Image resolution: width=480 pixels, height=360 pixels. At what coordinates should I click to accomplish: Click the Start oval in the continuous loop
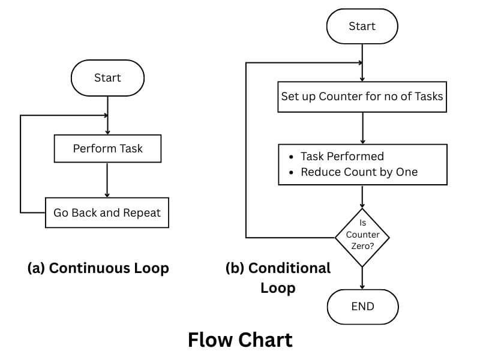click(107, 78)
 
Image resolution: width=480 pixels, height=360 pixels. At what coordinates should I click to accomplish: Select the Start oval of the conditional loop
click(362, 26)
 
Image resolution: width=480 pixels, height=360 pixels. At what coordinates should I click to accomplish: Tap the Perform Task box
click(107, 148)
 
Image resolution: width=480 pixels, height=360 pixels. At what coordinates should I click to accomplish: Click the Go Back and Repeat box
click(107, 212)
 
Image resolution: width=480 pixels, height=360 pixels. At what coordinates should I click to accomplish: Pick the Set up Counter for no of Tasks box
click(362, 96)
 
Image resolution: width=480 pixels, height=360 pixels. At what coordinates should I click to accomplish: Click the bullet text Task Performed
click(342, 157)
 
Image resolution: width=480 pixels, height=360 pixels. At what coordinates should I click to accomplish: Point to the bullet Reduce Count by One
click(359, 172)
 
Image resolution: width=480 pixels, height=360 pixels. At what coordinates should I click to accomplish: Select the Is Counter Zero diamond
click(362, 237)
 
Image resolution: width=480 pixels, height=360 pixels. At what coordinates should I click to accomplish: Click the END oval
click(362, 306)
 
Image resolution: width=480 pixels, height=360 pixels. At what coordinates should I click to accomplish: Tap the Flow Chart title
click(240, 340)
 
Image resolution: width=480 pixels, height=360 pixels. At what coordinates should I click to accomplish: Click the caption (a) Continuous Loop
click(98, 268)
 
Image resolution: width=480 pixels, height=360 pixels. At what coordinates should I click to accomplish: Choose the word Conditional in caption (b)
click(289, 268)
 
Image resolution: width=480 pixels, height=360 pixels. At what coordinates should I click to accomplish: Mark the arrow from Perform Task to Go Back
click(107, 179)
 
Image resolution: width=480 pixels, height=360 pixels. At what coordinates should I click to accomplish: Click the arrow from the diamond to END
click(362, 278)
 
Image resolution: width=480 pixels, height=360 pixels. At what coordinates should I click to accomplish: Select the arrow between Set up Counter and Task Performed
click(362, 127)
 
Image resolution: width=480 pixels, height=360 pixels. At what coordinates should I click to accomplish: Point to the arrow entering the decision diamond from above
click(362, 196)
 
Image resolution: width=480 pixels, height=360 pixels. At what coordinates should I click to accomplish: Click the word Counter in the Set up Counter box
click(340, 96)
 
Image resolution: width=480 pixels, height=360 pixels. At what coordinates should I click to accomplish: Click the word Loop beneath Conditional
click(278, 288)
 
